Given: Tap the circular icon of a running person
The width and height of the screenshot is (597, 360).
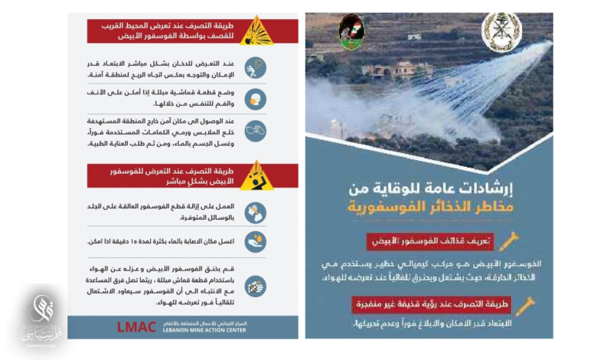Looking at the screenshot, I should click(255, 68).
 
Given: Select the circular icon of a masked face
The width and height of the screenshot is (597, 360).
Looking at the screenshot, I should click(255, 98).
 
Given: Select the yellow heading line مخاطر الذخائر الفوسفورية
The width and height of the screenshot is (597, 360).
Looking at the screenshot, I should click(429, 206).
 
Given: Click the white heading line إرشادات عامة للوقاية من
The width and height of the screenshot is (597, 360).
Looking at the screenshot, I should click(429, 186).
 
